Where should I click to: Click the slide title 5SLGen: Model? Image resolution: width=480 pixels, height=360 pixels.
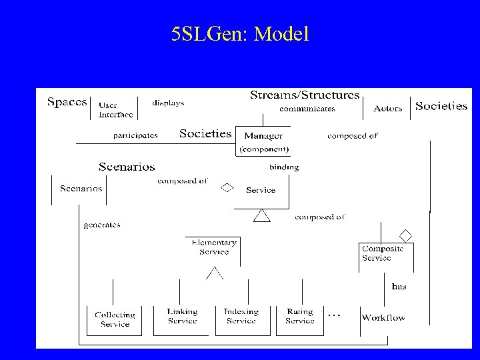coord(240,34)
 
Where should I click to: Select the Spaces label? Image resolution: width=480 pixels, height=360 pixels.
coord(67,103)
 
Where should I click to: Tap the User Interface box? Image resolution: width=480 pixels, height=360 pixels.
coord(115,109)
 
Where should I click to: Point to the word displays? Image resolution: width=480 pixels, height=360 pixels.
coord(168,103)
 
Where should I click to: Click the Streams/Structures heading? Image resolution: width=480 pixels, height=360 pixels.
coord(305,95)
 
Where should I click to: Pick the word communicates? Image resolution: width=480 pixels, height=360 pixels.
coord(307,108)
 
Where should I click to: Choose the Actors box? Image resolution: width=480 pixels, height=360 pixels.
coord(387,109)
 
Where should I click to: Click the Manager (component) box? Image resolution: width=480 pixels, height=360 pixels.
coord(264,142)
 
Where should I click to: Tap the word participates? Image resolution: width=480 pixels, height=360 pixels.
coord(135,135)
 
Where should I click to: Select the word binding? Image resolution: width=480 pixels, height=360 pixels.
coord(284,167)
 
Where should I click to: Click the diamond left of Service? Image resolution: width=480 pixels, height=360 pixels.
coord(227,187)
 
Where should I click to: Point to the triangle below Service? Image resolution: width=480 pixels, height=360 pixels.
coord(261,215)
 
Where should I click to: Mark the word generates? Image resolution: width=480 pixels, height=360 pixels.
coord(102,225)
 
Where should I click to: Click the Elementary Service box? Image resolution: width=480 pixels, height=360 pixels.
coord(213,247)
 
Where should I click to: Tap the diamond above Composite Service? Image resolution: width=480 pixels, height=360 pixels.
coord(405,234)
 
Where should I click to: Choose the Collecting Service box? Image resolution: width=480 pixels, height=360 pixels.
coord(115,319)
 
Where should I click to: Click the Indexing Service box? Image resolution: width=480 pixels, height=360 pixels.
coord(241,316)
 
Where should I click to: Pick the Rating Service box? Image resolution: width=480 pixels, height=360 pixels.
coord(300,316)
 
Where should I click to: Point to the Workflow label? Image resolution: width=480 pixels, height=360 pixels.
coord(383,317)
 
